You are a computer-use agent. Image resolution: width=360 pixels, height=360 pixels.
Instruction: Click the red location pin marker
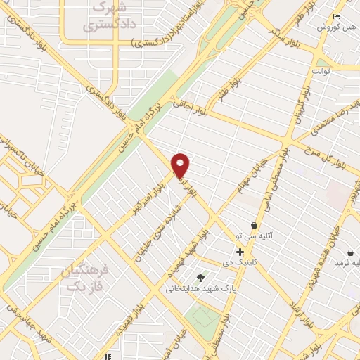[181, 165]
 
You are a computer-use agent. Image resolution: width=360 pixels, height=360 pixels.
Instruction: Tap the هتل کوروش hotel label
[333, 27]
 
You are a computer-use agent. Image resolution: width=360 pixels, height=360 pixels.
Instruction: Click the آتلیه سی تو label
[252, 237]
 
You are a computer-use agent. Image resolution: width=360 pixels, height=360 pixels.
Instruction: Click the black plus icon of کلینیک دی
[240, 252]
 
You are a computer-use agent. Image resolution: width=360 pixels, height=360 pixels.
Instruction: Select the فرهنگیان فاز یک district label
[86, 277]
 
